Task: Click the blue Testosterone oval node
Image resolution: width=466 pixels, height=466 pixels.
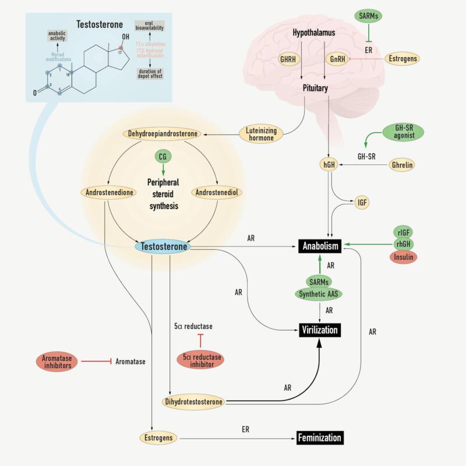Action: point(163,246)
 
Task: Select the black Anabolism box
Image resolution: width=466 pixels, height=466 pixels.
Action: point(320,246)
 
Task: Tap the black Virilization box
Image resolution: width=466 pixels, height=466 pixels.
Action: point(319,330)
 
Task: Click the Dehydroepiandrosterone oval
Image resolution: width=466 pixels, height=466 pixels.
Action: point(162,133)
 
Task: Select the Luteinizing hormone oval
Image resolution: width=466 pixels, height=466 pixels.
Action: point(260,133)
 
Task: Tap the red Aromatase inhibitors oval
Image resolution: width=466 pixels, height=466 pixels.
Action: point(57,361)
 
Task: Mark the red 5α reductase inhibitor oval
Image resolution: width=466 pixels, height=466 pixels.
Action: point(200,361)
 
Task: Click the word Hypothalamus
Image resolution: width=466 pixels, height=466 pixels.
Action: point(314,34)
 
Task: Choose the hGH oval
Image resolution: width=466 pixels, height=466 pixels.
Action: point(330,165)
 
